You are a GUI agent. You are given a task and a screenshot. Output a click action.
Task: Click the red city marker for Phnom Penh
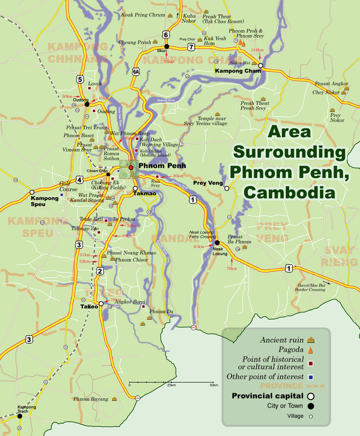(131, 167)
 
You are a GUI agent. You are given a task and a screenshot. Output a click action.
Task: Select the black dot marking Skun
(166, 46)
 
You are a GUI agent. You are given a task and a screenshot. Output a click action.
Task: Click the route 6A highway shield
(136, 72)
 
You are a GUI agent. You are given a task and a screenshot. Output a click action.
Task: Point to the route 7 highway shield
(191, 47)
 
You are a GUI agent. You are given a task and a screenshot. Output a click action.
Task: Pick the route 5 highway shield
(80, 79)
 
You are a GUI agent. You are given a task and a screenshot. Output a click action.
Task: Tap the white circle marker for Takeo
(101, 303)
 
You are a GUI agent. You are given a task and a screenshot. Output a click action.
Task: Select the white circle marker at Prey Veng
(227, 188)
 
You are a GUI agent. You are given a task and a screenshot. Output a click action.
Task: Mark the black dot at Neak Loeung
(217, 243)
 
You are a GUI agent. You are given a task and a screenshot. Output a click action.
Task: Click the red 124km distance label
(257, 50)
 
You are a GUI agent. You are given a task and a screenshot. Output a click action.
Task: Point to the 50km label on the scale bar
(213, 385)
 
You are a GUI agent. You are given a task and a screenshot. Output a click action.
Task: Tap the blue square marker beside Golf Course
(62, 195)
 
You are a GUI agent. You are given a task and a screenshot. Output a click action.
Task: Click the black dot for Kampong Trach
(19, 416)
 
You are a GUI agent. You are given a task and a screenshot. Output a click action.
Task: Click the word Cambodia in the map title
(290, 192)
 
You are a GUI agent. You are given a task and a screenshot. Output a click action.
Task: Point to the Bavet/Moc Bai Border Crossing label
(311, 288)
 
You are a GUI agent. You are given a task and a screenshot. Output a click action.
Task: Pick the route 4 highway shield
(79, 180)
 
